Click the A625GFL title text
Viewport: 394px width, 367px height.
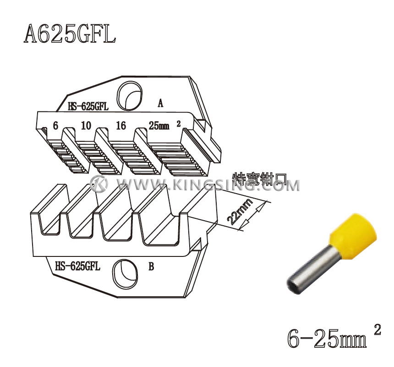70,34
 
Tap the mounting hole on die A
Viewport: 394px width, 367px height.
128,95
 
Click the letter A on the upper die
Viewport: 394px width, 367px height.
160,103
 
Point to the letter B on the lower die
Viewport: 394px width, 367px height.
151,267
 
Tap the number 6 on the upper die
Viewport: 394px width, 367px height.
55,125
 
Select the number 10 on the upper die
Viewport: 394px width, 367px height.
86,125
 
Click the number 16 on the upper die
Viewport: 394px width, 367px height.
120,125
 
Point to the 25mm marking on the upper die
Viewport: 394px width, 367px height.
159,125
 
